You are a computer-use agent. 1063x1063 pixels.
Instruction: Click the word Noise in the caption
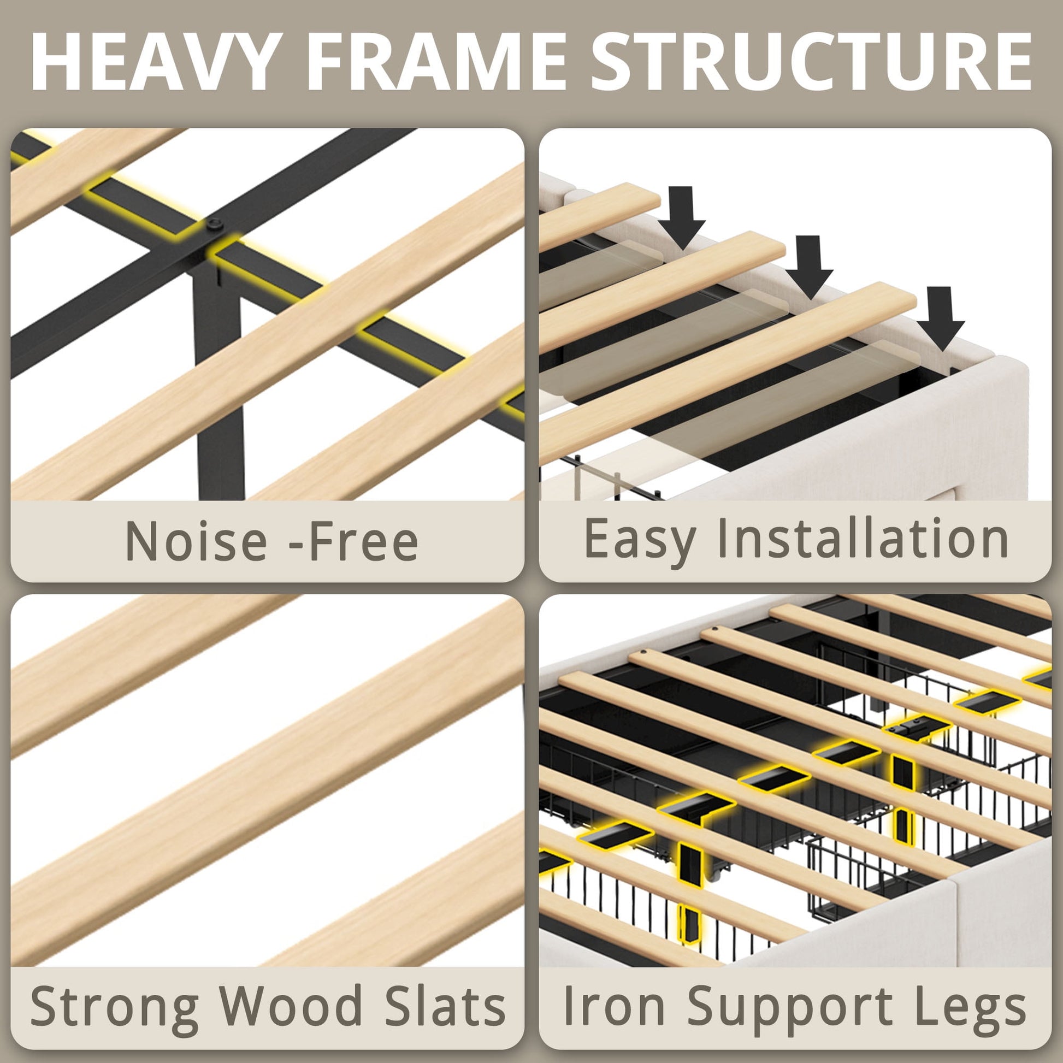[x=197, y=540]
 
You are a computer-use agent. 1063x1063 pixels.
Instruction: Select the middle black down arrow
[x=809, y=268]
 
